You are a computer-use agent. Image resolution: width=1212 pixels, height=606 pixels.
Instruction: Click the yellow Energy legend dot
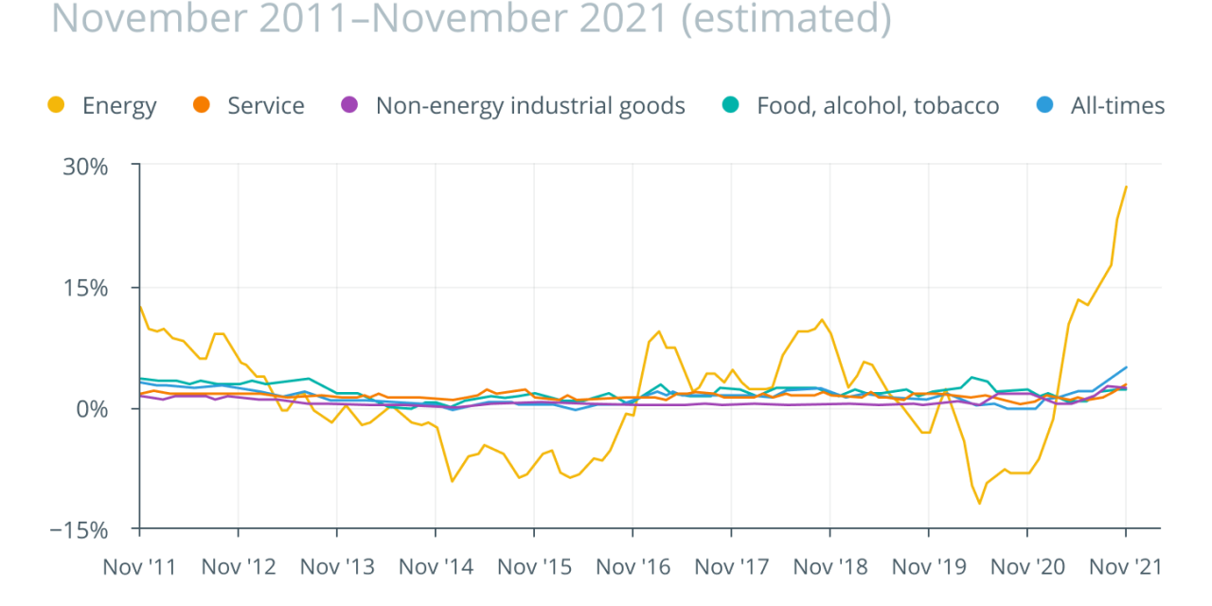pos(58,106)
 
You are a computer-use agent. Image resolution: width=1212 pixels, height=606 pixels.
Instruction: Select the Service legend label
pos(265,106)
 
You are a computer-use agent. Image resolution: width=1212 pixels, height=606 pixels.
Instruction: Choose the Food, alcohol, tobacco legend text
pos(877,106)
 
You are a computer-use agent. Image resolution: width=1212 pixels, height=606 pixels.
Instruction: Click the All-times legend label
pos(1117,106)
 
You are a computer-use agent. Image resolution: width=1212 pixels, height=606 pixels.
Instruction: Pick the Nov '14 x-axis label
pos(437,567)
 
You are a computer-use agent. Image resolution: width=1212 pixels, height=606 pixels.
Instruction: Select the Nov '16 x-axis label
pos(633,567)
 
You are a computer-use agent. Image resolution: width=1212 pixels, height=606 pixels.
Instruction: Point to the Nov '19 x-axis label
pos(929,567)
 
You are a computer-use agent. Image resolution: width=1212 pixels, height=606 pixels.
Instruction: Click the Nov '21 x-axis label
pos(1125,567)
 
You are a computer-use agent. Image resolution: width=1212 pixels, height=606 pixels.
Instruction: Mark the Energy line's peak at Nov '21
pos(1126,187)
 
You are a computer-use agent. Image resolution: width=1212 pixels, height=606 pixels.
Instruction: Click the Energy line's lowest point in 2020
pos(979,503)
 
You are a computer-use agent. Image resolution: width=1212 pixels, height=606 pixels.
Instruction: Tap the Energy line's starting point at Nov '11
pos(140,306)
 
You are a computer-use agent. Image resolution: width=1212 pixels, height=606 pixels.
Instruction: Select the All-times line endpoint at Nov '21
pos(1126,366)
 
